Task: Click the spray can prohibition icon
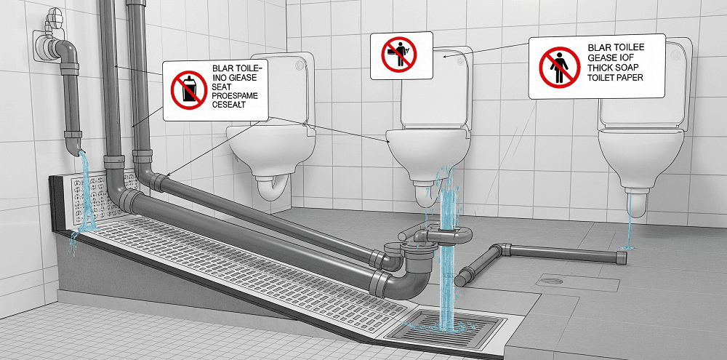[189, 90]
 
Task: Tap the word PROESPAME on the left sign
[235, 95]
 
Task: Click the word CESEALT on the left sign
[228, 105]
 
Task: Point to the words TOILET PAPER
[616, 78]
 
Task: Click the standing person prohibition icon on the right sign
[560, 67]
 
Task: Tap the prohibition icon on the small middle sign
[399, 55]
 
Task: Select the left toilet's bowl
[270, 148]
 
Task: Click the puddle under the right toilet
[629, 249]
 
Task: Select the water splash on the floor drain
[443, 326]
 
